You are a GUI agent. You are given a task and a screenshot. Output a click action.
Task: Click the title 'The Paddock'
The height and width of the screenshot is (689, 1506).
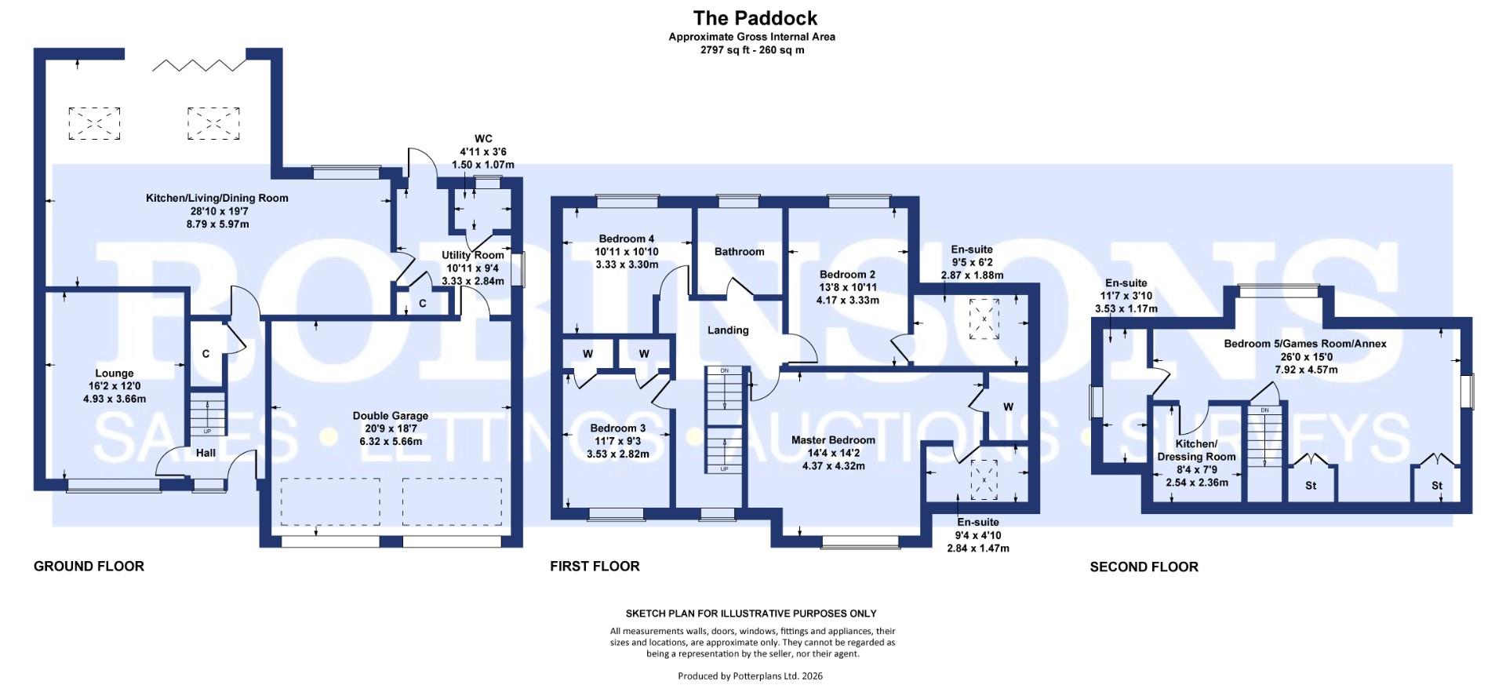click(755, 18)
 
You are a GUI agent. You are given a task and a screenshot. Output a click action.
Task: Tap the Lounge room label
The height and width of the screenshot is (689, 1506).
click(115, 374)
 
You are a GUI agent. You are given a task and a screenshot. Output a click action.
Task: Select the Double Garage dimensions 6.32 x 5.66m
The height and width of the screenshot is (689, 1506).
click(390, 442)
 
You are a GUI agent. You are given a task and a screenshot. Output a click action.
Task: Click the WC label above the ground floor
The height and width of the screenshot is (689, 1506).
click(483, 139)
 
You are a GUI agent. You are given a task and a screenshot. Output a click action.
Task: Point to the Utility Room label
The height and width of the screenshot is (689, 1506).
click(472, 255)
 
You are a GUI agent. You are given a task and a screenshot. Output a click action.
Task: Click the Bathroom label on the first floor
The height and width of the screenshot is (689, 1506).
click(739, 252)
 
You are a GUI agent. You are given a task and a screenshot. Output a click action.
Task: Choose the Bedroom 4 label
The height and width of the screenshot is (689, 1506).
click(626, 239)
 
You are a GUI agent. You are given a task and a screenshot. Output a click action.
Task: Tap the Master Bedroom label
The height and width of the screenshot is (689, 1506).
click(833, 440)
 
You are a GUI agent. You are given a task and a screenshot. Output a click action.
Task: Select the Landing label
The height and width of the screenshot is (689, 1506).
click(728, 330)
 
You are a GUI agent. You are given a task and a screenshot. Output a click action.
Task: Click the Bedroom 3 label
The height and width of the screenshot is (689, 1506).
click(618, 428)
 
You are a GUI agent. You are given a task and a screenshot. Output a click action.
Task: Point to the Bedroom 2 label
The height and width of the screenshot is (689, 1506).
click(847, 275)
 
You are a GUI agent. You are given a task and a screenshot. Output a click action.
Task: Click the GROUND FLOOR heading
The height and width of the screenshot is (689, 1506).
click(89, 566)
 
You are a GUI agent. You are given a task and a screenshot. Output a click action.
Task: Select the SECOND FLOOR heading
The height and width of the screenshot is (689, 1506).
click(1144, 567)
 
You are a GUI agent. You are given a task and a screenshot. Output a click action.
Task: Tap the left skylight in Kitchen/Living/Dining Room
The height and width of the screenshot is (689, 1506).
click(94, 123)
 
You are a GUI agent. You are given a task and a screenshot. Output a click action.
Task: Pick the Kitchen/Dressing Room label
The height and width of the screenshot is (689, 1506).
click(1196, 450)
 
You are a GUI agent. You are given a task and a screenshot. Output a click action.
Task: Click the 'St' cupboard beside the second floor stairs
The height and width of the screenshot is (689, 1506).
click(1311, 486)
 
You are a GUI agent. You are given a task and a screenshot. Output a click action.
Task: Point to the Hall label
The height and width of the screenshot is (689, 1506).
click(206, 453)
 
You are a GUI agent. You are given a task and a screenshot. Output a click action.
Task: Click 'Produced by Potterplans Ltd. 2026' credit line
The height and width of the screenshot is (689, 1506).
click(750, 676)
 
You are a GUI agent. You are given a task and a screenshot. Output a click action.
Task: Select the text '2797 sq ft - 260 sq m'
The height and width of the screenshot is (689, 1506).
click(751, 50)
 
